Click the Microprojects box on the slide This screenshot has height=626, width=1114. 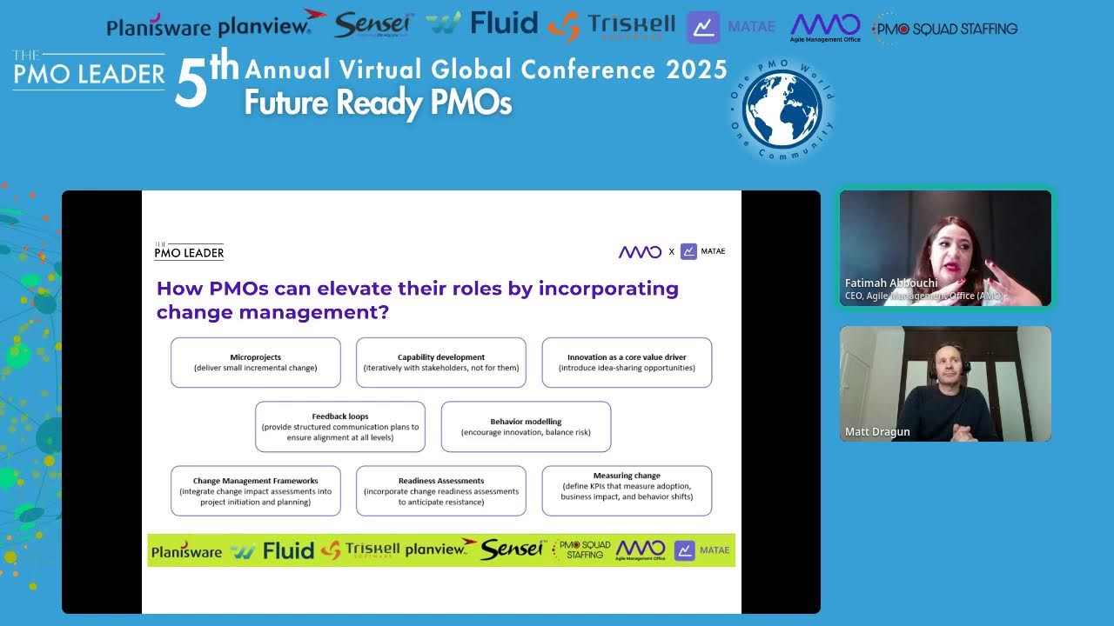255,363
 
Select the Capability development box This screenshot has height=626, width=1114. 440,363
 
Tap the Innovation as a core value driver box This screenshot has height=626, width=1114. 627,363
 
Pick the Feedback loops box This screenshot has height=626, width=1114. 339,427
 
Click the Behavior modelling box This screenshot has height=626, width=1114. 526,427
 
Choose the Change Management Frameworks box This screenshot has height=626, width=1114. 255,491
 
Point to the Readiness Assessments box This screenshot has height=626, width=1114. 440,491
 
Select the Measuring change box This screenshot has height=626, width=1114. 627,491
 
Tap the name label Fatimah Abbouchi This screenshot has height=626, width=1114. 891,283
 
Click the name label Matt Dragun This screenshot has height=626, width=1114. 877,432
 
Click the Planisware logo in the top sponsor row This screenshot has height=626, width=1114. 160,28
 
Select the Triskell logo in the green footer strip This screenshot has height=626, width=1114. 360,550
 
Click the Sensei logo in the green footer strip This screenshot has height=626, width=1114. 512,550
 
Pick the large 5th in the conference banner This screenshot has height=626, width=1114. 205,81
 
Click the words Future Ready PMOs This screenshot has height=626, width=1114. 378,103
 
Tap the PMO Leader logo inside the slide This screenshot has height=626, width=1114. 189,252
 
